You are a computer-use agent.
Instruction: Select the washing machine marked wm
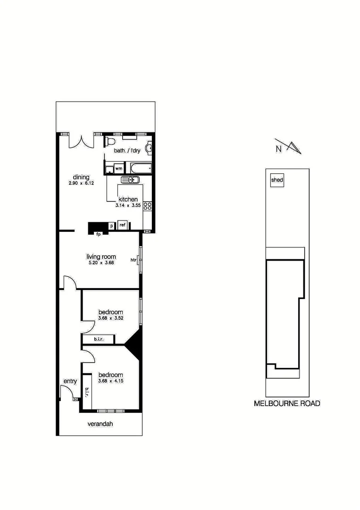tap(119, 168)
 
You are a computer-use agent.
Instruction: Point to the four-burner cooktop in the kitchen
tap(147, 205)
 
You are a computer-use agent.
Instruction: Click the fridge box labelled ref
tap(122, 225)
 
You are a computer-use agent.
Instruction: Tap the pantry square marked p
tap(111, 226)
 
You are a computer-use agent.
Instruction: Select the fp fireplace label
tap(99, 234)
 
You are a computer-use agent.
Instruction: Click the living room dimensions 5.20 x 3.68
tap(101, 263)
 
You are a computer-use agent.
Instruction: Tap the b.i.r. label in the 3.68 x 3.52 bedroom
tap(98, 339)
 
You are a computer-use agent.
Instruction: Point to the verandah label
tap(100, 424)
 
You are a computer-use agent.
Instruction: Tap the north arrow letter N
tap(279, 149)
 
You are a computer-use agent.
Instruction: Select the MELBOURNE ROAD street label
tap(287, 403)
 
